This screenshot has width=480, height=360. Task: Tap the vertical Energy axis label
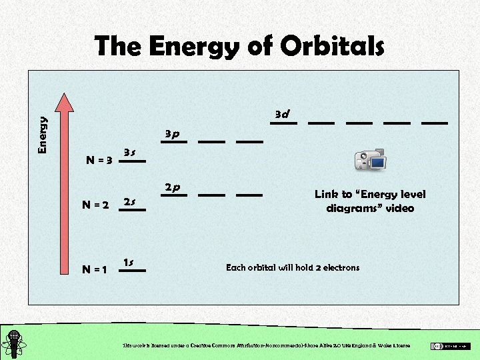tap(43, 135)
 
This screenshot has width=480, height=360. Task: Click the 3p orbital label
tap(173, 134)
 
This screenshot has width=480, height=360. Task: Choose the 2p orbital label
tap(173, 187)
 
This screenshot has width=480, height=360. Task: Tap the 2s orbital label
tap(131, 201)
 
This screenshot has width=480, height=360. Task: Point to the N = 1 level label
tap(95, 270)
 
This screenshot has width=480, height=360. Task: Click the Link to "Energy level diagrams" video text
tap(370, 201)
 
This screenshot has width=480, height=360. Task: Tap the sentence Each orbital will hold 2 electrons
tap(293, 267)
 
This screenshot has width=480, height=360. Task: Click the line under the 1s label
tap(132, 271)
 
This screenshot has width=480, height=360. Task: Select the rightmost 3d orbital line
tap(435, 123)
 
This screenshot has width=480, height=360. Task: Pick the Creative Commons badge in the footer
tap(450, 346)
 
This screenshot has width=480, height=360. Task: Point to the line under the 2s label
tap(132, 210)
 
